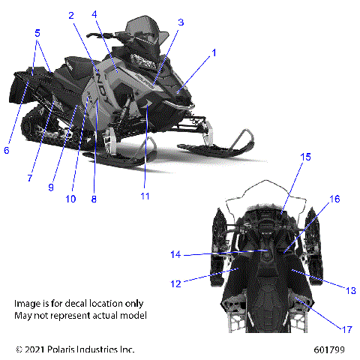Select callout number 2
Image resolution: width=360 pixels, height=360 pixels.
pos(70,16)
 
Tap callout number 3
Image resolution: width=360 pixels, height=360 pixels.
pos(180,22)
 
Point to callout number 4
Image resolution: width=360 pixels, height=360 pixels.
pos(94,14)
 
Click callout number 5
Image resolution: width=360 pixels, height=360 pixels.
pos(37,32)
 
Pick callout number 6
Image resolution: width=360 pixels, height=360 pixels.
pos(7,150)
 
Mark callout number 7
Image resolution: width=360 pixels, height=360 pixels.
pos(29,178)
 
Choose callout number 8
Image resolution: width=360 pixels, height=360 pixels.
pos(94,199)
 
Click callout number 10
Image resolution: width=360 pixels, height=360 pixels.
pos(70,199)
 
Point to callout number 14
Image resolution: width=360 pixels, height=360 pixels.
pos(175,255)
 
